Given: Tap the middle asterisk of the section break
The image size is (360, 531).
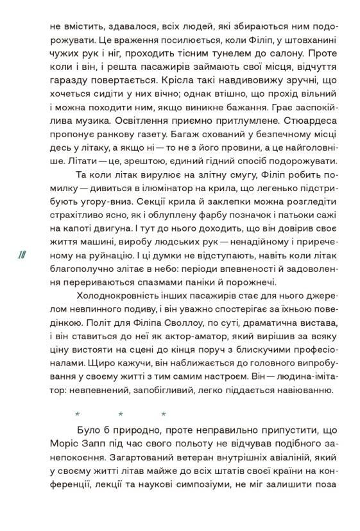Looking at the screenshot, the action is pos(121,414).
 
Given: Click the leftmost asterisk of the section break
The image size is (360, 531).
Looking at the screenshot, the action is pos(77,414).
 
